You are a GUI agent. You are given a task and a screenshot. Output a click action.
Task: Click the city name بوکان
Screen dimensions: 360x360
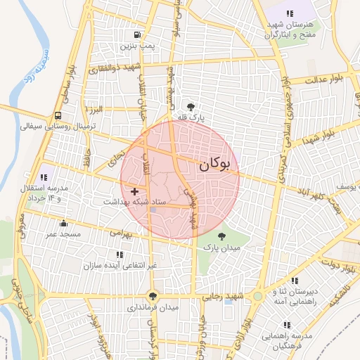[x=214, y=165]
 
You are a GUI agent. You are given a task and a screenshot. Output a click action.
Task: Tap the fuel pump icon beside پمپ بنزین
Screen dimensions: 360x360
[x=136, y=34]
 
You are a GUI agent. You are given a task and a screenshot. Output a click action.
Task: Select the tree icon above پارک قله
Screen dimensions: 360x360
[x=192, y=106]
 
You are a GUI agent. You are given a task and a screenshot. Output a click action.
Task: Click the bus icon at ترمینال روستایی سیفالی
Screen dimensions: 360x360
[x=57, y=117]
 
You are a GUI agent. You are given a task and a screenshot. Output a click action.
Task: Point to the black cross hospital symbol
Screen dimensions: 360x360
[x=134, y=191]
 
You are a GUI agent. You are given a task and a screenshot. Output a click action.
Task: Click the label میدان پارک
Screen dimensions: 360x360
[x=222, y=247]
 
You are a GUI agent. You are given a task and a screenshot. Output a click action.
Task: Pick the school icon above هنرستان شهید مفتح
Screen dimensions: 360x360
[x=289, y=13]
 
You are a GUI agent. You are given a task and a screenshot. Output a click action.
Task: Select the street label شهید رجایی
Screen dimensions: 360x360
[x=224, y=297]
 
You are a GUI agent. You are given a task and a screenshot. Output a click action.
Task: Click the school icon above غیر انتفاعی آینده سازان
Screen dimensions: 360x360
[x=117, y=255]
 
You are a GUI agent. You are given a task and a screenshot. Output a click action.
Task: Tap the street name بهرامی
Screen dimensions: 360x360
[x=120, y=233]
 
